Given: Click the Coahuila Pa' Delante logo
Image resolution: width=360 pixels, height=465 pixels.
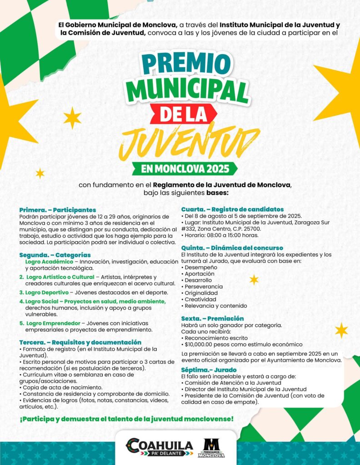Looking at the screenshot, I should pos(159,447).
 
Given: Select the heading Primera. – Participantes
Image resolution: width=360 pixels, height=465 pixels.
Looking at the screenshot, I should pos(58,210).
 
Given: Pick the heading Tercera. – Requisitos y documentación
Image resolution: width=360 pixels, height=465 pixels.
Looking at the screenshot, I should pos(80,342).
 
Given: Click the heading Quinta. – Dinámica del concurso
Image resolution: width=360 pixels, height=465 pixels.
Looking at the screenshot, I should pos(232,248).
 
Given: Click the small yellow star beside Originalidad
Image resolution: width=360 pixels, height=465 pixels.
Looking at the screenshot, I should pos(254,280).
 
